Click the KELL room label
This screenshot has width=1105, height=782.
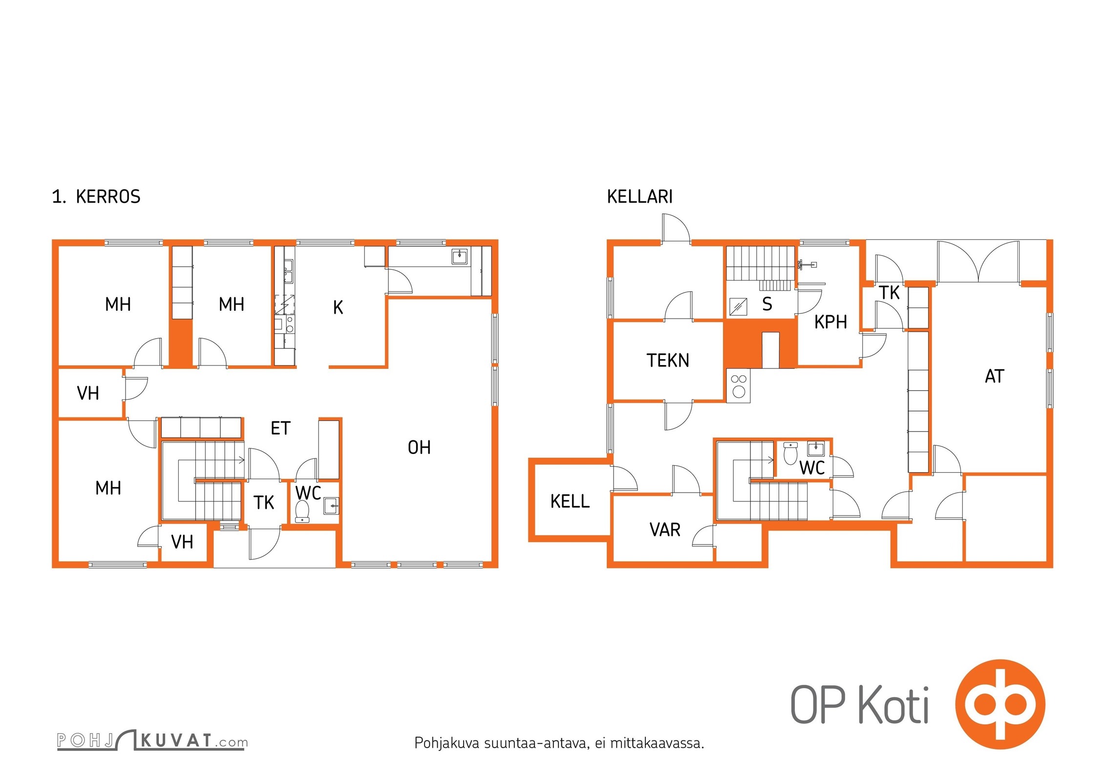(570, 501)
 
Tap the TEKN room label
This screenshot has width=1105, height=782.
(668, 360)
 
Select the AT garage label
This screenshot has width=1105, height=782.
(995, 376)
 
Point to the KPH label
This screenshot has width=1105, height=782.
(830, 322)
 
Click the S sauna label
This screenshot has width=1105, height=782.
(767, 304)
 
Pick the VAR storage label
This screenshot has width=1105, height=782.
(665, 530)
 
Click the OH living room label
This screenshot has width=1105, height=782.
(419, 447)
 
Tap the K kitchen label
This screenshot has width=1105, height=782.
(338, 307)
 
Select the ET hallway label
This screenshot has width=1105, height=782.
(280, 428)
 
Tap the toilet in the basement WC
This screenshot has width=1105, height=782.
(790, 453)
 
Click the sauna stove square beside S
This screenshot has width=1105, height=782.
(738, 306)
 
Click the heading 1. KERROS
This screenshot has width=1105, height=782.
(96, 196)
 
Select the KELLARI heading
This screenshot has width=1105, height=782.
(639, 196)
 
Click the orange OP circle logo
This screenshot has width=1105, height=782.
(1000, 704)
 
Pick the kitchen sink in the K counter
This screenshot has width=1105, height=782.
(459, 256)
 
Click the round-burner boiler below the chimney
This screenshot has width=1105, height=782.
(738, 386)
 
